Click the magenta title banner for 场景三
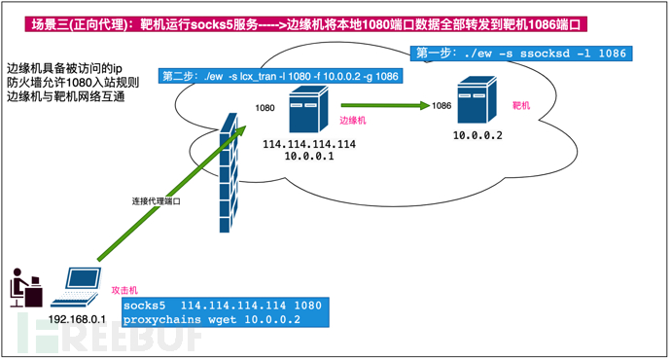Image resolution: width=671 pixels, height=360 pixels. tap(305, 24)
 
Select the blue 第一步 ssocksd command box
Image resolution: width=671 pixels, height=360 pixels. tap(521, 54)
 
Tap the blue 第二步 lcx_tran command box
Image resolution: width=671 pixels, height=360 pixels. tap(280, 76)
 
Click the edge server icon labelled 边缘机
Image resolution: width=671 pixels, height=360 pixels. tap(308, 109)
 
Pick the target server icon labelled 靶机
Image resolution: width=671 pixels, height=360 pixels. tap(477, 99)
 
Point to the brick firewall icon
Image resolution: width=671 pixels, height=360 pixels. tap(229, 173)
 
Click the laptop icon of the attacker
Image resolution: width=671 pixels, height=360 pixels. tap(76, 287)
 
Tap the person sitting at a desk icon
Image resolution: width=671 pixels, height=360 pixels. tap(26, 288)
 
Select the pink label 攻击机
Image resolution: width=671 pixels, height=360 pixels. tap(124, 290)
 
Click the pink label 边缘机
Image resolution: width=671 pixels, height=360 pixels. tap(353, 121)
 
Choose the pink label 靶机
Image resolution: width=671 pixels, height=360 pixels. tap(521, 105)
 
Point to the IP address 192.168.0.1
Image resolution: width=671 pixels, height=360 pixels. tap(77, 319)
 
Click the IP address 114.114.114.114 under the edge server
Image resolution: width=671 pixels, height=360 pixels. tap(309, 144)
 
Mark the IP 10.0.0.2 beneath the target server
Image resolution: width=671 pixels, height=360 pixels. tap(477, 135)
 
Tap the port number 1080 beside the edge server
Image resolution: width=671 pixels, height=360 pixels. tap(265, 108)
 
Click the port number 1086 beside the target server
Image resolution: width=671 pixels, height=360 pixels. tap(441, 105)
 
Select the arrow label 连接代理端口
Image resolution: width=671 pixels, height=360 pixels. tap(157, 201)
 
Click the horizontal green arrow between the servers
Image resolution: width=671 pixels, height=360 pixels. tap(385, 105)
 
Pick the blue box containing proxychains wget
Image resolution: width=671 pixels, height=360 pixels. tap(226, 312)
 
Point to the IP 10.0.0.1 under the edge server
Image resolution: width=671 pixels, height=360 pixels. tap(309, 156)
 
